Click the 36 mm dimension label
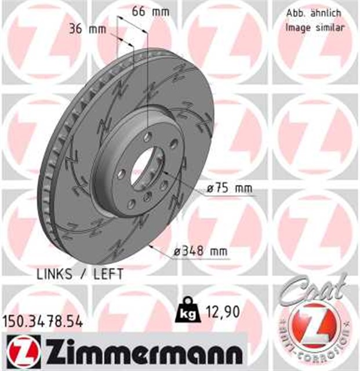83,30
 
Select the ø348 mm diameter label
201,252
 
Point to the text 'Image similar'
315,27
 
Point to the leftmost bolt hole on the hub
121,173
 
